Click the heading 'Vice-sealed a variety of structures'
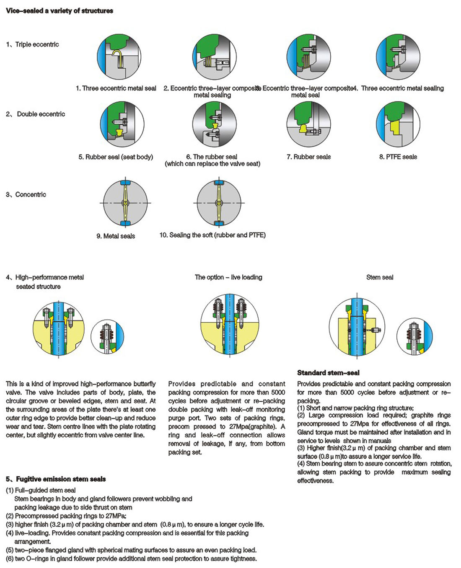click(x=60, y=11)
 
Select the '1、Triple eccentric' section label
click(x=33, y=44)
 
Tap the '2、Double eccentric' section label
click(x=36, y=114)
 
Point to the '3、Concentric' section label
click(x=26, y=194)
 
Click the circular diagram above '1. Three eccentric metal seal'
click(x=119, y=57)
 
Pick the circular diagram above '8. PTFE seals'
click(x=398, y=124)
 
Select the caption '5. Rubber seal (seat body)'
click(x=116, y=157)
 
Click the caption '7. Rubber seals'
click(x=308, y=157)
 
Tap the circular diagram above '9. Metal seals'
click(x=125, y=203)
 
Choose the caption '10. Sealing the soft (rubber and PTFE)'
click(x=212, y=235)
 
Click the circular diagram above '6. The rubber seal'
click(x=214, y=124)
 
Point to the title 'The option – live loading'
click(x=228, y=277)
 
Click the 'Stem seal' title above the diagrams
click(x=380, y=277)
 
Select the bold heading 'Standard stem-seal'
click(x=328, y=373)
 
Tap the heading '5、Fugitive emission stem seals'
click(x=56, y=479)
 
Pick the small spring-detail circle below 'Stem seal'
click(x=414, y=336)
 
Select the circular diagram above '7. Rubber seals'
click(x=308, y=124)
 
